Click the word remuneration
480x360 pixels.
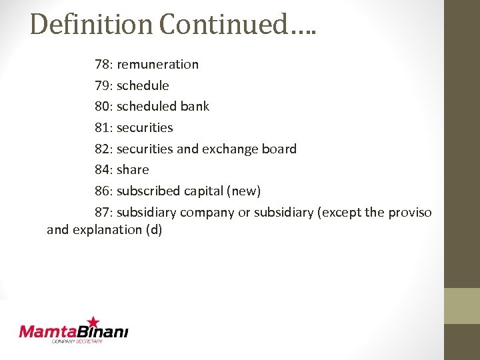pyautogui.click(x=158, y=65)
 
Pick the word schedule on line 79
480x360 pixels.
pyautogui.click(x=143, y=85)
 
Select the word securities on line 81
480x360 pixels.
pyautogui.click(x=145, y=127)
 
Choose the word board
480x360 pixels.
pyautogui.click(x=279, y=149)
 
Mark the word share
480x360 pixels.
pyautogui.click(x=133, y=170)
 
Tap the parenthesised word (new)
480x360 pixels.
pyautogui.click(x=243, y=191)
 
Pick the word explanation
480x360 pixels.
pyautogui.click(x=105, y=231)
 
